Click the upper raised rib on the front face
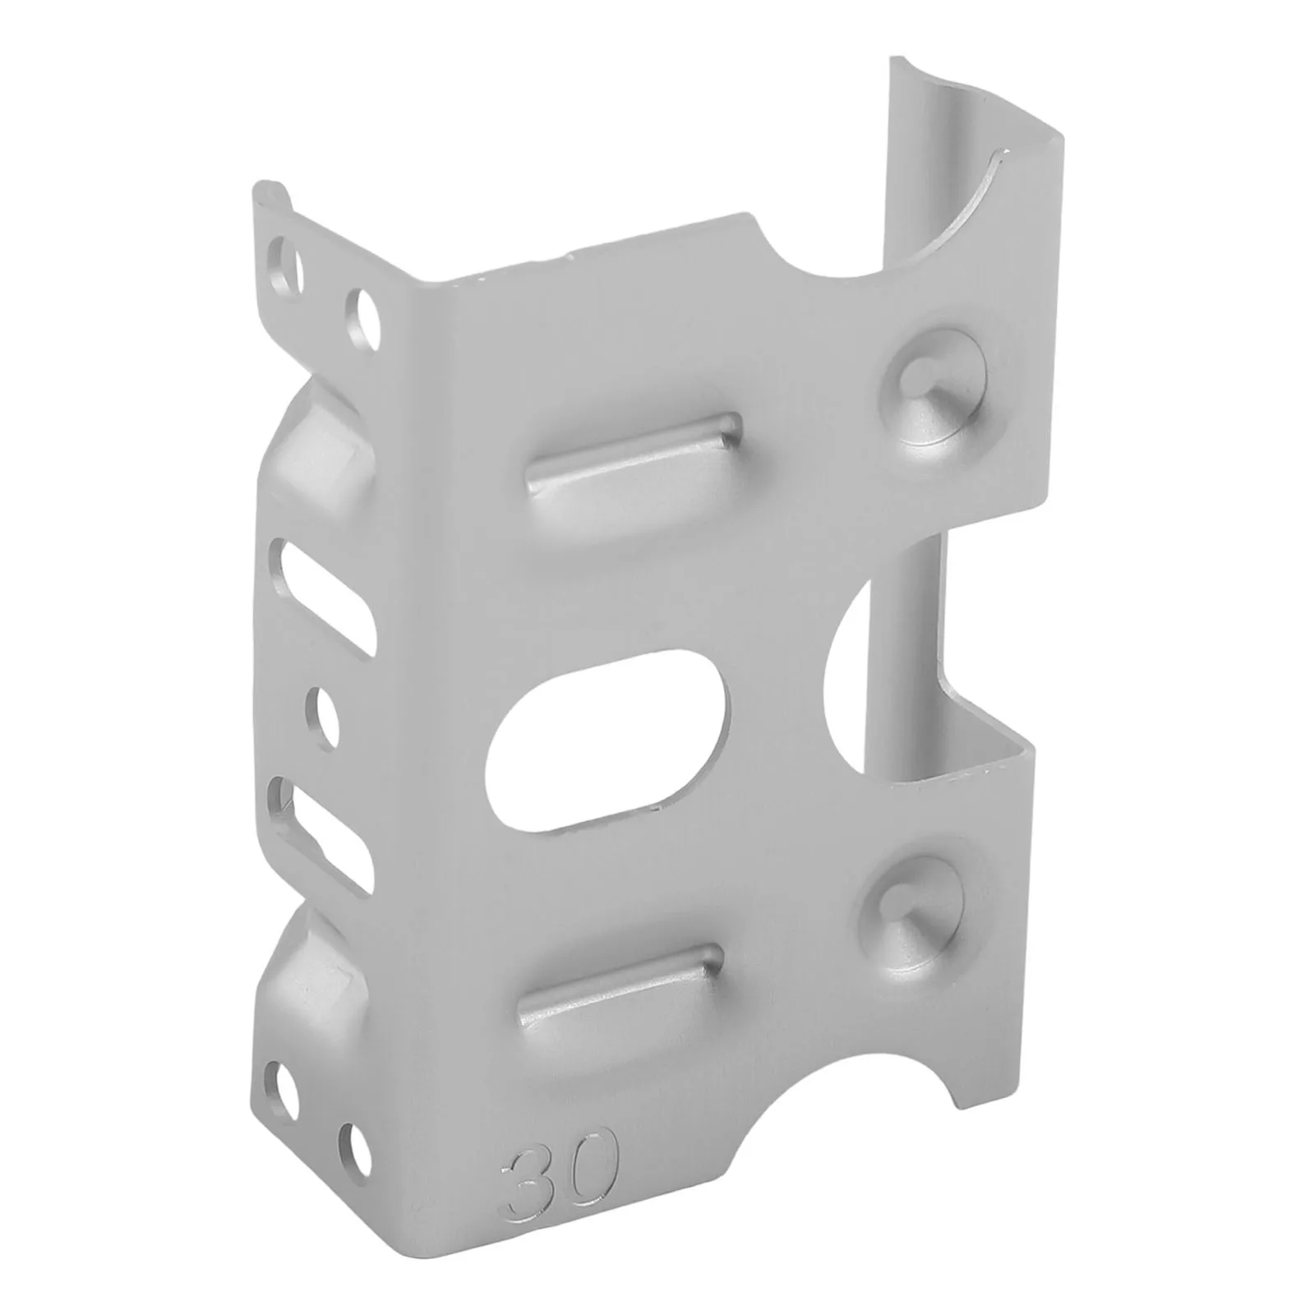[x=633, y=454]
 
